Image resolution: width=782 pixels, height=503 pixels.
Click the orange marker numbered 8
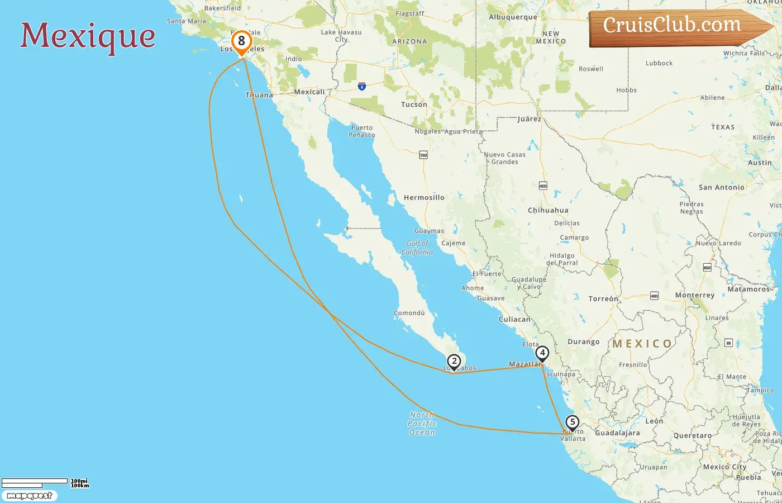click(x=241, y=41)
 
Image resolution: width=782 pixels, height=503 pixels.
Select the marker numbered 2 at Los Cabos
click(x=454, y=362)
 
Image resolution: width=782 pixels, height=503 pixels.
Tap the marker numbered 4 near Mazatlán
click(x=542, y=353)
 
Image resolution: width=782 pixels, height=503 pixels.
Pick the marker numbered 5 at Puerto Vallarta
click(x=572, y=423)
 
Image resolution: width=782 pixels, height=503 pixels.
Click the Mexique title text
click(x=88, y=36)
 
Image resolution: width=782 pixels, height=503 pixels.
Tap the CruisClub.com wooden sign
click(x=673, y=26)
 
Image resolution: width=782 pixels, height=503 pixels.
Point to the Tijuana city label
click(x=259, y=95)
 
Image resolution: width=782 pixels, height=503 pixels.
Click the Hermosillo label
click(x=424, y=197)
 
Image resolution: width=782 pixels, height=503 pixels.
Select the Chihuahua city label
click(x=548, y=210)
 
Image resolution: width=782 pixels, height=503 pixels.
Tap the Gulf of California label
click(x=417, y=248)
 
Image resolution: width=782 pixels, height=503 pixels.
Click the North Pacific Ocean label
click(x=422, y=423)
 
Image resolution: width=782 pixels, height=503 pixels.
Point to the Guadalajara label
click(x=617, y=433)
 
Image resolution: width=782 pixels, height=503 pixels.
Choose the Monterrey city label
click(x=694, y=295)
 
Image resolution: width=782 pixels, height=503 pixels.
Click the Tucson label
click(x=414, y=105)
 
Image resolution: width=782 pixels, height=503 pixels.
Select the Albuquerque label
click(x=513, y=17)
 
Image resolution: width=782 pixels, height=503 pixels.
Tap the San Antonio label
click(x=721, y=187)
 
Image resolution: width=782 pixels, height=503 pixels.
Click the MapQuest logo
click(x=29, y=495)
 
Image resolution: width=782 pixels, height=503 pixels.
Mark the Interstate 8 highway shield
click(x=362, y=87)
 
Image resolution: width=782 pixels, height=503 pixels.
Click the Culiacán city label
click(x=514, y=319)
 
